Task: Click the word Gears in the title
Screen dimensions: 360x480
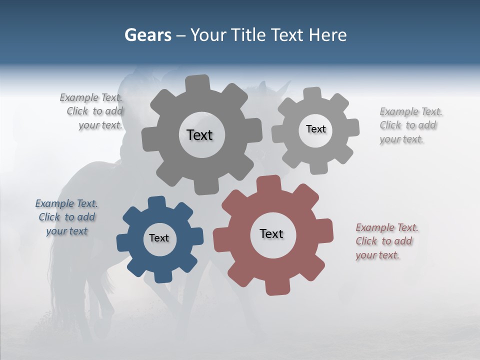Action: click(x=147, y=35)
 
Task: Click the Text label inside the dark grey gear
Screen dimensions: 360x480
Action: click(x=199, y=135)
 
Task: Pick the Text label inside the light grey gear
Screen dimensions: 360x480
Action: click(x=315, y=129)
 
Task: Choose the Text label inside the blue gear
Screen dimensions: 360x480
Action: click(x=159, y=238)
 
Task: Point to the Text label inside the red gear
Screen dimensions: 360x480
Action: click(x=271, y=233)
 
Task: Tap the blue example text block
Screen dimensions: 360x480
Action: click(x=66, y=217)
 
